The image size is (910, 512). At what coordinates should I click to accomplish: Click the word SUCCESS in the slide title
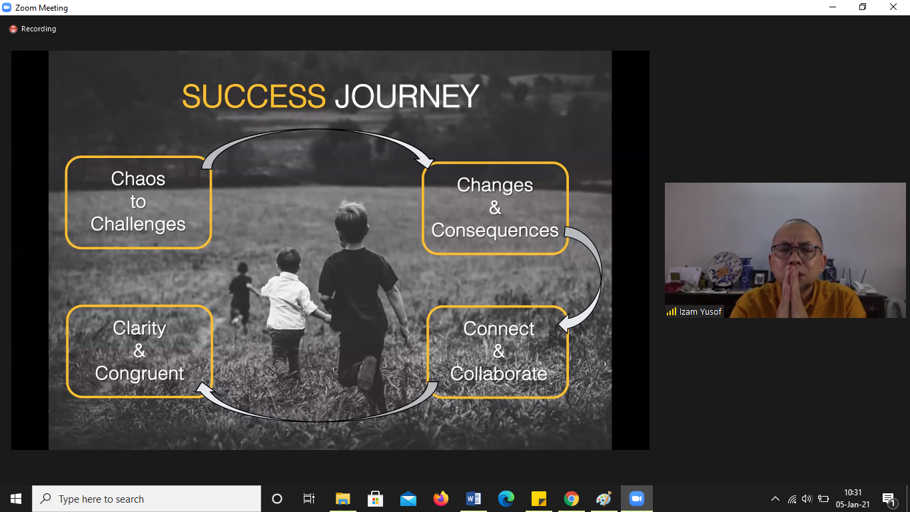(254, 97)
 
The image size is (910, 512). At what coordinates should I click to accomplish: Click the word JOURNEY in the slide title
(407, 97)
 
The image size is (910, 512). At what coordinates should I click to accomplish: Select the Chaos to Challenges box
(138, 202)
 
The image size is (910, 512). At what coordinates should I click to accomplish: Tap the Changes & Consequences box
(495, 208)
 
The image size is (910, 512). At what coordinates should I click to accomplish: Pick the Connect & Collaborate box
(498, 351)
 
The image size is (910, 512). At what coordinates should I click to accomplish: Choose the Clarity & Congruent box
(139, 351)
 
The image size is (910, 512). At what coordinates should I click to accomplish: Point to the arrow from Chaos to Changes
(317, 131)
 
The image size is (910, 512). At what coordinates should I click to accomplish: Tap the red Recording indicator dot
(13, 29)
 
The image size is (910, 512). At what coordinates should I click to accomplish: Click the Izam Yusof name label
(700, 312)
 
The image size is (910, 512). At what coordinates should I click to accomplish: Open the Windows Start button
(16, 499)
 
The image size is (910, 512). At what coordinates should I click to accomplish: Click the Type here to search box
(147, 499)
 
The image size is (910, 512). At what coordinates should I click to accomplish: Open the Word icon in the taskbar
(473, 499)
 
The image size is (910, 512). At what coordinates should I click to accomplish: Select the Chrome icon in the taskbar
(571, 499)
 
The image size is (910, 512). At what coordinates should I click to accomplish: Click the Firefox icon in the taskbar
(441, 499)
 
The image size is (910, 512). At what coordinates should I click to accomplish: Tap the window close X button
(893, 7)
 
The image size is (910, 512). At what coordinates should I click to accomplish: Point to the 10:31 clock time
(852, 493)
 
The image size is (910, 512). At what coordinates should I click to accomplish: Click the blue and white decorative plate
(725, 269)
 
